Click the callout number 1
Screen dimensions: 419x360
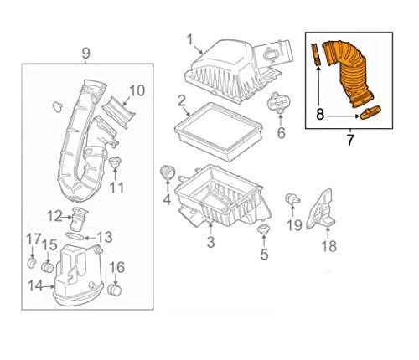pos(190,39)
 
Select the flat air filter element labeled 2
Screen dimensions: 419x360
pos(218,131)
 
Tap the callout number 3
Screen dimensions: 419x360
pos(210,242)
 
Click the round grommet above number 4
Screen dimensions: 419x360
pos(168,172)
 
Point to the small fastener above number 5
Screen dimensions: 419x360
pos(263,230)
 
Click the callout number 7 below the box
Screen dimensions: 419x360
pos(349,140)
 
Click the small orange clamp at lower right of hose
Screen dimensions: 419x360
pos(370,112)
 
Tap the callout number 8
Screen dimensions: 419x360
pos(320,114)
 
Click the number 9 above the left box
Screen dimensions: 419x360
pos(85,53)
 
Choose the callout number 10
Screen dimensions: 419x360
pos(137,90)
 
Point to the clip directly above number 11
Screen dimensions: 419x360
pos(115,162)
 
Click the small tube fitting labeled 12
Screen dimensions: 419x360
pos(78,220)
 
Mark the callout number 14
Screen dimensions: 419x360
pos(35,285)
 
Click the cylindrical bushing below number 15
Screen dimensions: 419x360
pos(48,267)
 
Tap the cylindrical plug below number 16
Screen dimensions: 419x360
pos(114,291)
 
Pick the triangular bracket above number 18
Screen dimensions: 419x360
pos(320,210)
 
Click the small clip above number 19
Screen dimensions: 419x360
pos(292,198)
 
